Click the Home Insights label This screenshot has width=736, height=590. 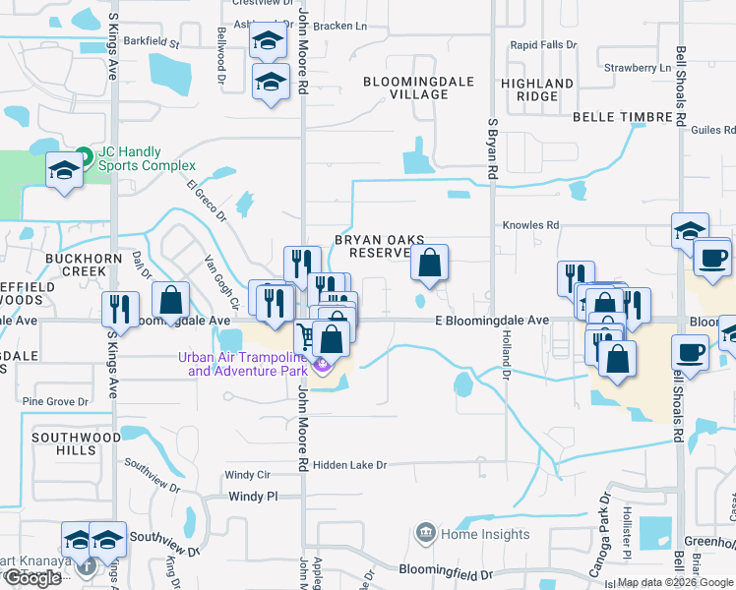tap(485, 535)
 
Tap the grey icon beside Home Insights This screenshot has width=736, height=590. tap(425, 534)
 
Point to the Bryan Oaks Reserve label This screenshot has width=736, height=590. tap(371, 246)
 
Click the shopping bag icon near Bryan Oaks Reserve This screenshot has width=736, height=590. tap(429, 264)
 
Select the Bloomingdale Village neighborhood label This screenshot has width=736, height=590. tap(405, 88)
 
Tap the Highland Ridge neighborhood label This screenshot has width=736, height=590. tap(536, 90)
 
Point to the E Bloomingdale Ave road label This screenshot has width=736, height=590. tap(492, 321)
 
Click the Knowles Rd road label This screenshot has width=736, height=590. tap(530, 225)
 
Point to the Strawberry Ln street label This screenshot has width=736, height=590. tap(637, 68)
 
